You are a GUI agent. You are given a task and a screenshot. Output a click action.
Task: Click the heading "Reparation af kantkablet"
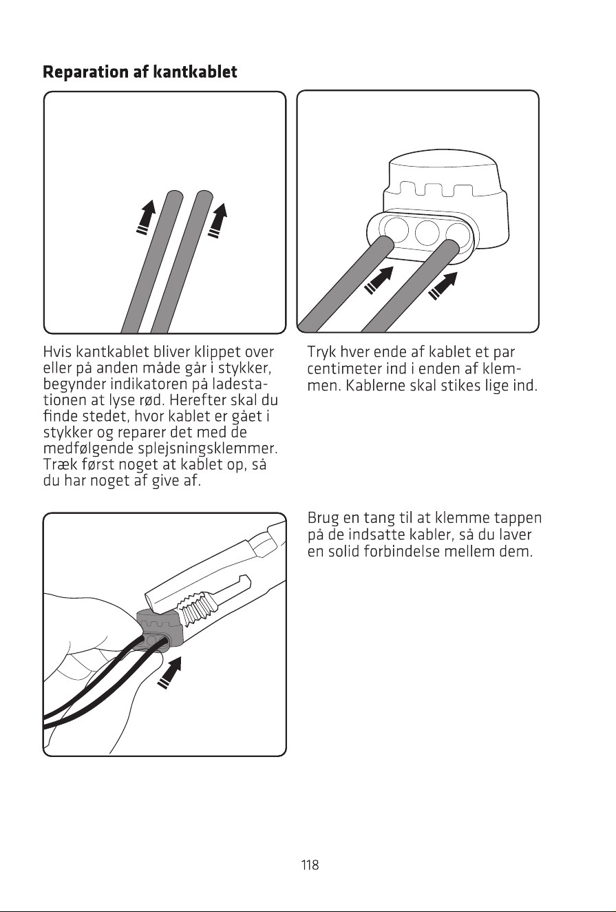[x=140, y=72]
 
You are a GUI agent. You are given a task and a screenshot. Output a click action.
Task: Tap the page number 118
[x=310, y=864]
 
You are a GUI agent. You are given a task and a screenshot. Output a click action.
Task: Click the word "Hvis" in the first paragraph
[x=57, y=351]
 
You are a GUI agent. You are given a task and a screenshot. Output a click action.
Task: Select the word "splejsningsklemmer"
[x=206, y=448]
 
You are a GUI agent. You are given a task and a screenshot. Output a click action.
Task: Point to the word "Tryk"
[x=321, y=352]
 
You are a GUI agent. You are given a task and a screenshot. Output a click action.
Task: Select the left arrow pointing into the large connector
[x=379, y=280]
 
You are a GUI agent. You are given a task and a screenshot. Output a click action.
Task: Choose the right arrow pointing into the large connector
[x=443, y=287]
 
